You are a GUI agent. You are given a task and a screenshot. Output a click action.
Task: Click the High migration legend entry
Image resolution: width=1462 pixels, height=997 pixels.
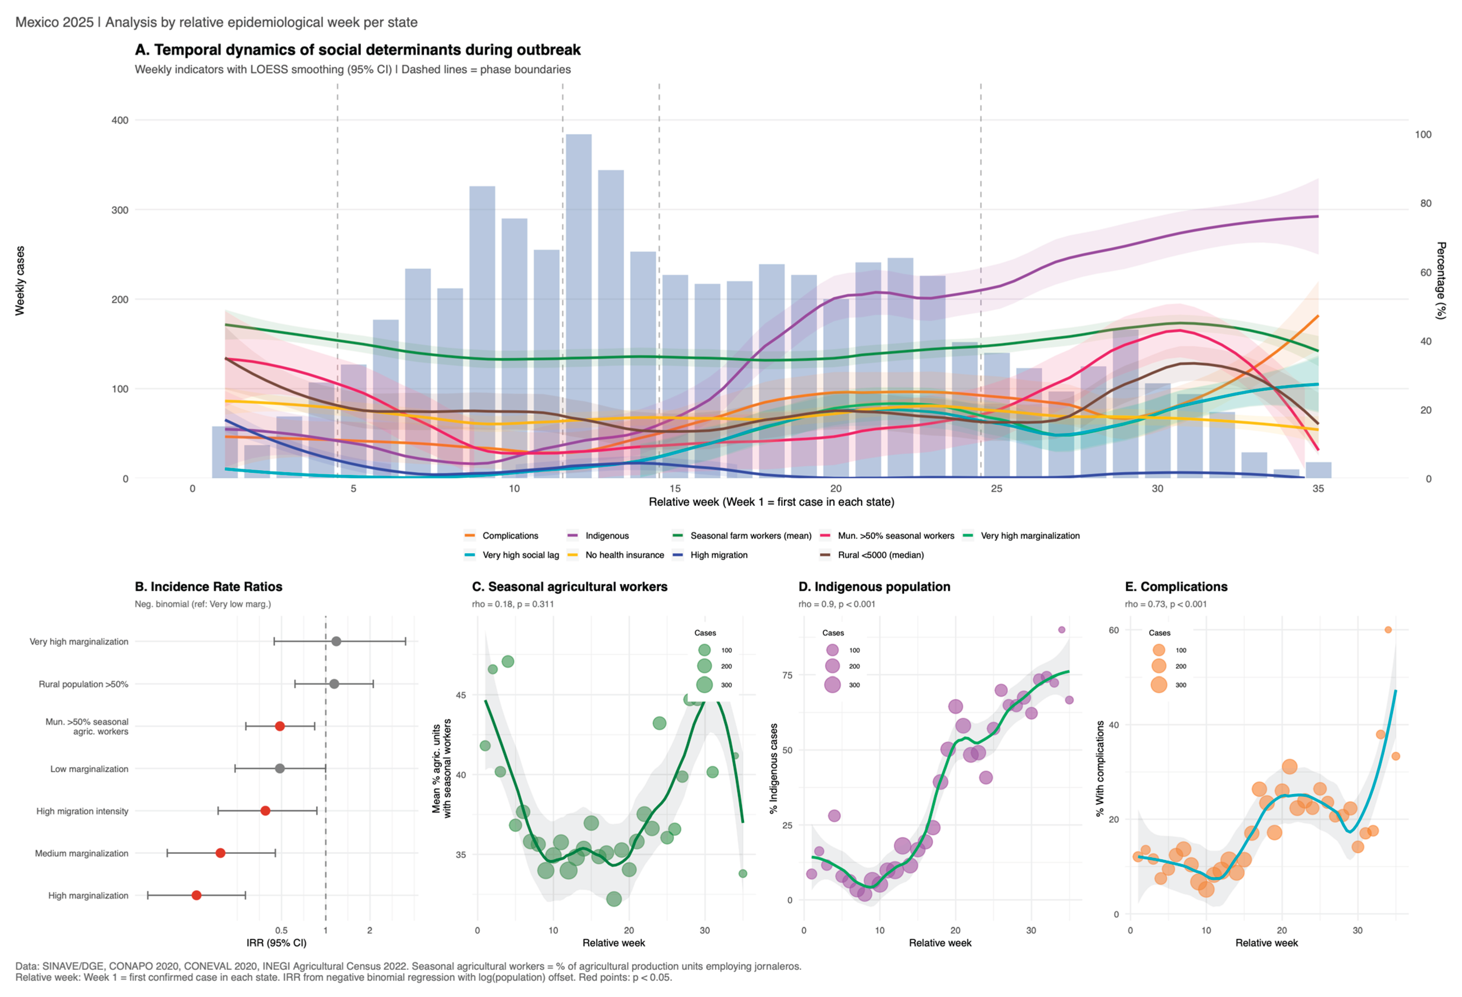tap(718, 555)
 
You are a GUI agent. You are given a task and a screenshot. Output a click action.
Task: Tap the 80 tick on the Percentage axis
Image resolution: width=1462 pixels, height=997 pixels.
tap(1426, 203)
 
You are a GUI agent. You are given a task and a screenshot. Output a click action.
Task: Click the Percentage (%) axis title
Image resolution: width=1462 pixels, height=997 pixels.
tap(1441, 280)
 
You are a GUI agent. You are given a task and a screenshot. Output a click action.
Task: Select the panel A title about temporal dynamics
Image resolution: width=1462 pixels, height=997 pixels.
tap(357, 50)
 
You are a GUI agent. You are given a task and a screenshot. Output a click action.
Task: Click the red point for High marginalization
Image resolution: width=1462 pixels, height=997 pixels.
tap(196, 895)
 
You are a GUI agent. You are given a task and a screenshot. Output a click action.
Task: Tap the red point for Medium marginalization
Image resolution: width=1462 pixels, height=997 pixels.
tap(220, 853)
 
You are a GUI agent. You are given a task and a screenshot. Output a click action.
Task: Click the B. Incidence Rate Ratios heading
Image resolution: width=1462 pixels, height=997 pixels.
tap(208, 587)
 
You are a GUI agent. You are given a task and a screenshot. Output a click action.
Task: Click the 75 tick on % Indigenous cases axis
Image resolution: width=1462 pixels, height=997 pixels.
tap(787, 675)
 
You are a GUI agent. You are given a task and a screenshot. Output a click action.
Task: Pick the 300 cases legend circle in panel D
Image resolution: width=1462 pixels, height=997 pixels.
tap(832, 685)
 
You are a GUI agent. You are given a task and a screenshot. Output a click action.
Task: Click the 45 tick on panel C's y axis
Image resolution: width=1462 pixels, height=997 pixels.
tap(461, 695)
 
